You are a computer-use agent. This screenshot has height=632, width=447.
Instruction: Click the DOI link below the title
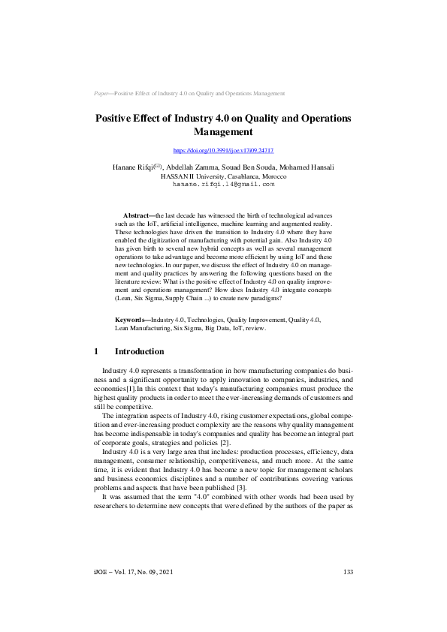pos(223,151)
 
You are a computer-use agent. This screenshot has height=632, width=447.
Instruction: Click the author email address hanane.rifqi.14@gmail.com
pos(223,184)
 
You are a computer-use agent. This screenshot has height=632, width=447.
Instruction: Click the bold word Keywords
pos(131,341)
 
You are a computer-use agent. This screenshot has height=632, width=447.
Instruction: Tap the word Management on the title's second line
pos(223,131)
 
